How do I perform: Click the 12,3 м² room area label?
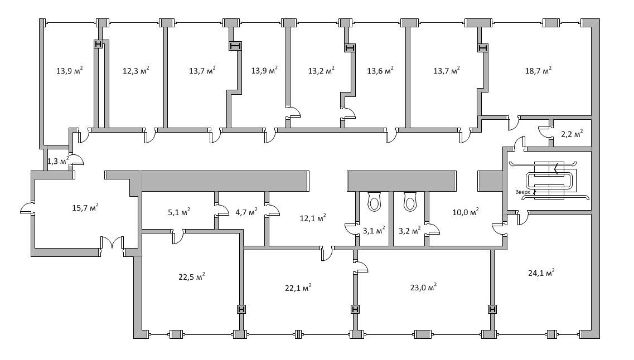[136, 71]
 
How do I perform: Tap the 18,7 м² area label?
[539, 71]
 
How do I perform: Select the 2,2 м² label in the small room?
[572, 134]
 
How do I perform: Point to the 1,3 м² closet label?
[58, 161]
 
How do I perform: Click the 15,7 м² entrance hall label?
[85, 208]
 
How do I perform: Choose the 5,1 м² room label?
[179, 211]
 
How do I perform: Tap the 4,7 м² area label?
[246, 211]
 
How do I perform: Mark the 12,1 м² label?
[313, 218]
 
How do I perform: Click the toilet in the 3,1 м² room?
[374, 202]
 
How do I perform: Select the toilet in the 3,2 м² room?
[410, 202]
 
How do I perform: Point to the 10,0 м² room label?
[466, 211]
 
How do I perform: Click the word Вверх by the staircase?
[522, 192]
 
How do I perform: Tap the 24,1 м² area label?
[541, 273]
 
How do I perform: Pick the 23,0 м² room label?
[423, 287]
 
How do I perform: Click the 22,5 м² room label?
[192, 277]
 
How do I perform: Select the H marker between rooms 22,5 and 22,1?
[241, 309]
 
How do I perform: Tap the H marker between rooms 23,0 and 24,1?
[492, 309]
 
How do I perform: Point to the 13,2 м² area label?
[321, 71]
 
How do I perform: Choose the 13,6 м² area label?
[380, 71]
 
